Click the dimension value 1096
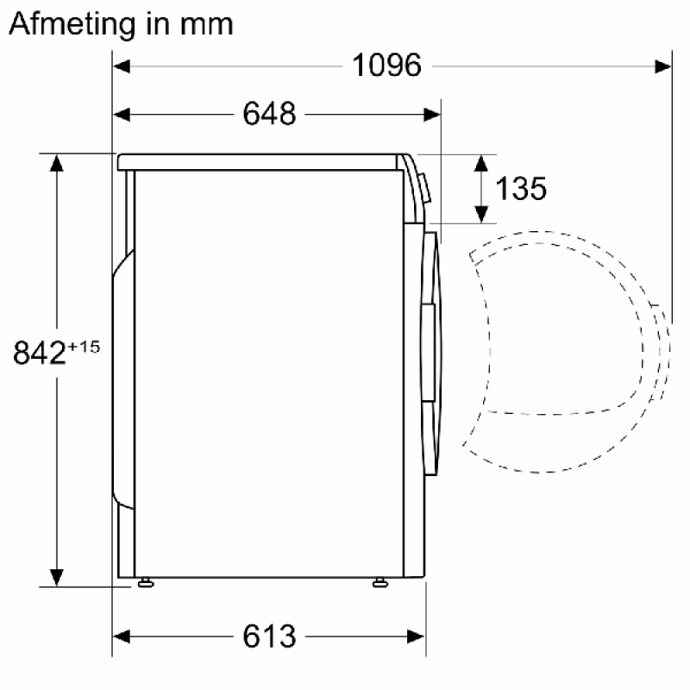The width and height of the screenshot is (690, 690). coord(386,66)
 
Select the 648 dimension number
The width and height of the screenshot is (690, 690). coord(269,114)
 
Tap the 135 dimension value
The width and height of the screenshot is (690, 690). coord(521,189)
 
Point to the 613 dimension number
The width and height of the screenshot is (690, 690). coord(269,636)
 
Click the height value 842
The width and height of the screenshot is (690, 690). coord(40,353)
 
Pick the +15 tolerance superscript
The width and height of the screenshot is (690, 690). coord(84,348)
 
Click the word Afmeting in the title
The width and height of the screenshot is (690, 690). coord(72,24)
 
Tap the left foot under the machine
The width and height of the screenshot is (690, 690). coord(146,583)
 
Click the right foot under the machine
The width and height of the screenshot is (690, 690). coord(380,583)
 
